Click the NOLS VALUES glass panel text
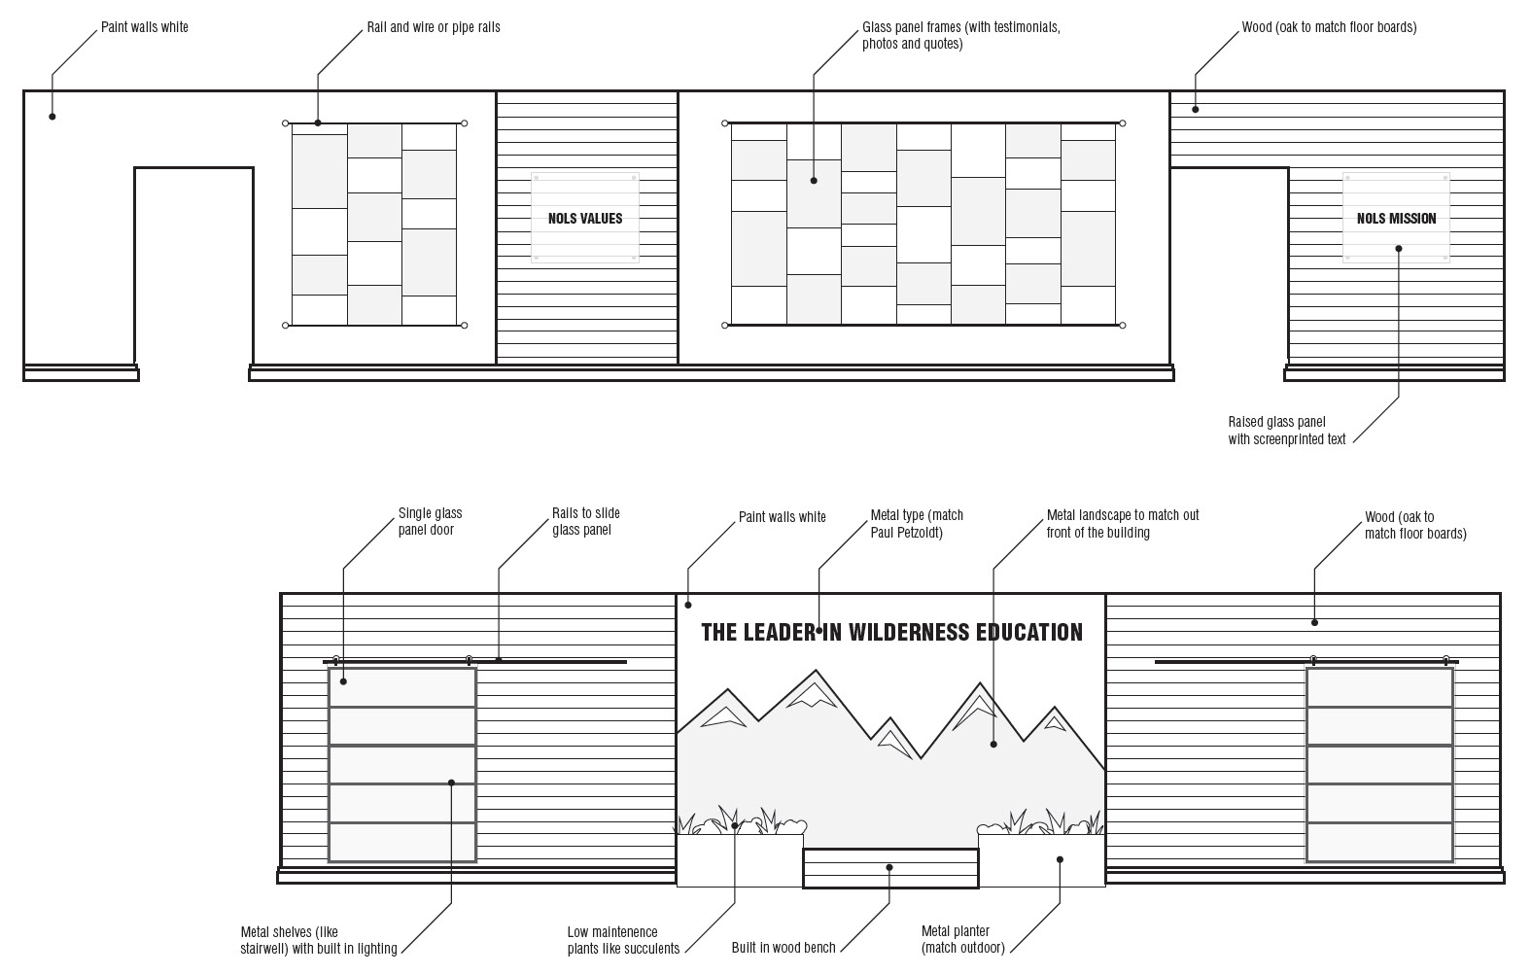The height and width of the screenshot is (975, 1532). (585, 219)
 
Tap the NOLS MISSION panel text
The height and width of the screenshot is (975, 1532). (1396, 219)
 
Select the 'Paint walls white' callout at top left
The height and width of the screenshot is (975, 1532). (144, 27)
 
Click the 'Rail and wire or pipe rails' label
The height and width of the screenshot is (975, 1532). (434, 27)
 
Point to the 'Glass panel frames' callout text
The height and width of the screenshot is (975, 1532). (961, 36)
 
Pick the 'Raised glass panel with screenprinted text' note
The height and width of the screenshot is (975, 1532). (1286, 431)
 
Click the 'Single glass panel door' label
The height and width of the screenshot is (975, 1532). (431, 521)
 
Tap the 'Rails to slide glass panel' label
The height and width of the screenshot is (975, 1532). (586, 521)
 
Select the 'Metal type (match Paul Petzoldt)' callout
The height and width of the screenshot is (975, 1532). (917, 524)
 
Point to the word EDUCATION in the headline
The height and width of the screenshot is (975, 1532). (1029, 633)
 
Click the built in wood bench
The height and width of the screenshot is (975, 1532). (890, 868)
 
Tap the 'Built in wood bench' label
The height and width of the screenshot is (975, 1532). (783, 948)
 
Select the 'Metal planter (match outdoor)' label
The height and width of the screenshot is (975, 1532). (963, 939)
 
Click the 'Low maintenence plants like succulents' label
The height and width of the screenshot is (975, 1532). (623, 940)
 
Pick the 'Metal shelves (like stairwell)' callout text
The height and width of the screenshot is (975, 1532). (318, 940)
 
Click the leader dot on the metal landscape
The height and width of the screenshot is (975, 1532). (993, 744)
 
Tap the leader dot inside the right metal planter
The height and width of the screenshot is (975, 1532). (1061, 859)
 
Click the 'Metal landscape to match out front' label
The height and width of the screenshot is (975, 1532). (1123, 524)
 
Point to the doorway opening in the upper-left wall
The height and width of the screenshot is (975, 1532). (194, 266)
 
